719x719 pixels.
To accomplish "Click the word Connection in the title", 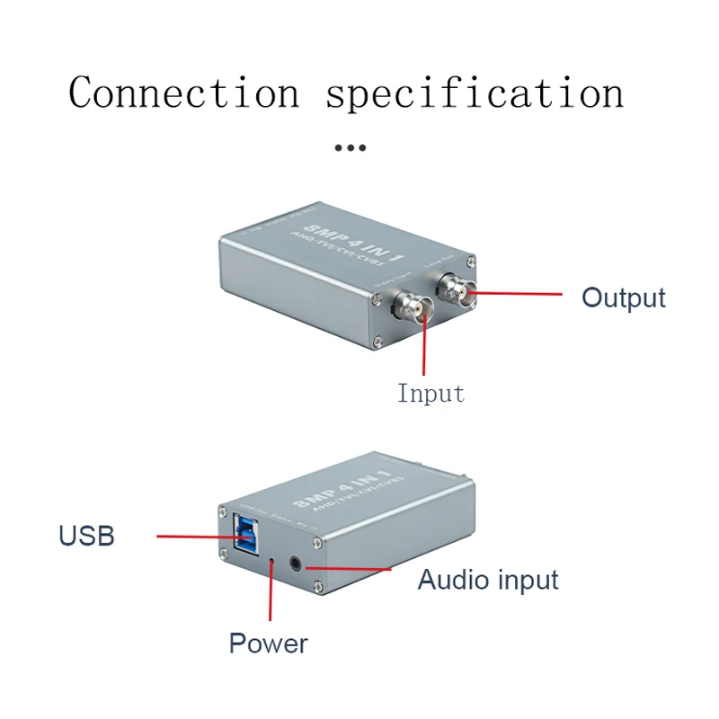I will pyautogui.click(x=183, y=93).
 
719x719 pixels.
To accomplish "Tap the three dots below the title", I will pyautogui.click(x=350, y=147).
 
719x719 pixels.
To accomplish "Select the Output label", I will pyautogui.click(x=623, y=297).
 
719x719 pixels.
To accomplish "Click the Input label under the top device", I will pyautogui.click(x=431, y=394).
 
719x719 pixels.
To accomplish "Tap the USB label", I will pyautogui.click(x=86, y=537).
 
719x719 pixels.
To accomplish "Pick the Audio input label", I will pyautogui.click(x=488, y=580).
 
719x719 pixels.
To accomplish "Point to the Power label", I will pyautogui.click(x=268, y=644).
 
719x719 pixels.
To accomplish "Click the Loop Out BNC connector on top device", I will pyautogui.click(x=455, y=291).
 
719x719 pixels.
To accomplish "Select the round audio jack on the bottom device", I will pyautogui.click(x=297, y=565).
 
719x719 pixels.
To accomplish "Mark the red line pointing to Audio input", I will pyautogui.click(x=351, y=568).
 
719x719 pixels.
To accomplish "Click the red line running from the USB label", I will pyautogui.click(x=193, y=537).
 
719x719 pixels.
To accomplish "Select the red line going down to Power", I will pyautogui.click(x=271, y=598).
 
